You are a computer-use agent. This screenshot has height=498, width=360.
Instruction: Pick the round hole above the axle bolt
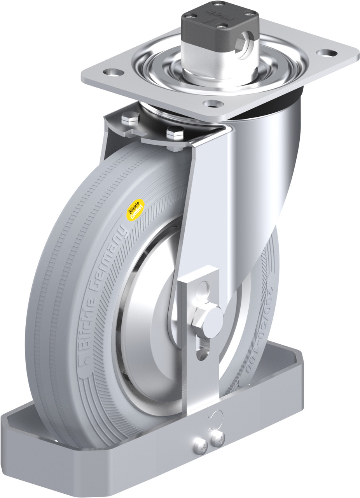[x=203, y=289]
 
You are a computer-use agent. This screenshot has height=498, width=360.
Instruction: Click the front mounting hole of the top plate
[x=213, y=104]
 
